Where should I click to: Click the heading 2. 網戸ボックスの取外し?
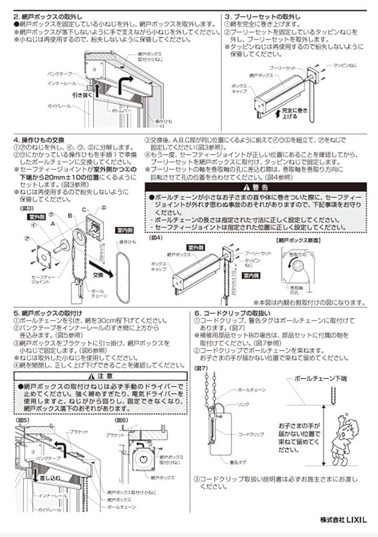48,17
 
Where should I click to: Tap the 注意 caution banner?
100,375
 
